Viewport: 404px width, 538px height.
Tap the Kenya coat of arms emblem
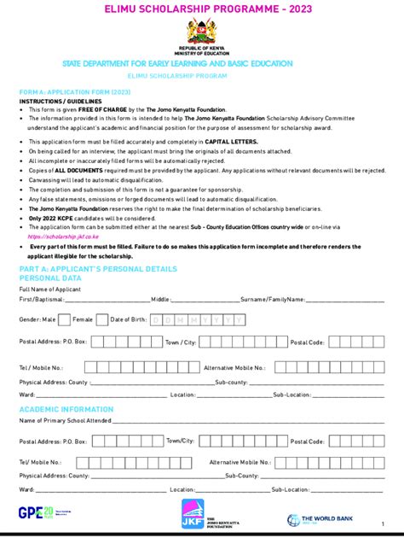click(202, 31)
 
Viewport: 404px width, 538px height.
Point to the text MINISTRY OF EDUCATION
click(202, 53)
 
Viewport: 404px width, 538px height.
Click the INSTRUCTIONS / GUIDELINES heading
click(59, 100)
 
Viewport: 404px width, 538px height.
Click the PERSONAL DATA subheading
click(50, 278)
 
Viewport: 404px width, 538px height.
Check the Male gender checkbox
click(64, 319)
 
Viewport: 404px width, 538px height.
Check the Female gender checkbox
click(102, 319)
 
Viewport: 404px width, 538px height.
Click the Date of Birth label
click(128, 319)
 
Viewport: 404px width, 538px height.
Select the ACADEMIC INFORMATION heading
click(66, 410)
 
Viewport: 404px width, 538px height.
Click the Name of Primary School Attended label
click(66, 421)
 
